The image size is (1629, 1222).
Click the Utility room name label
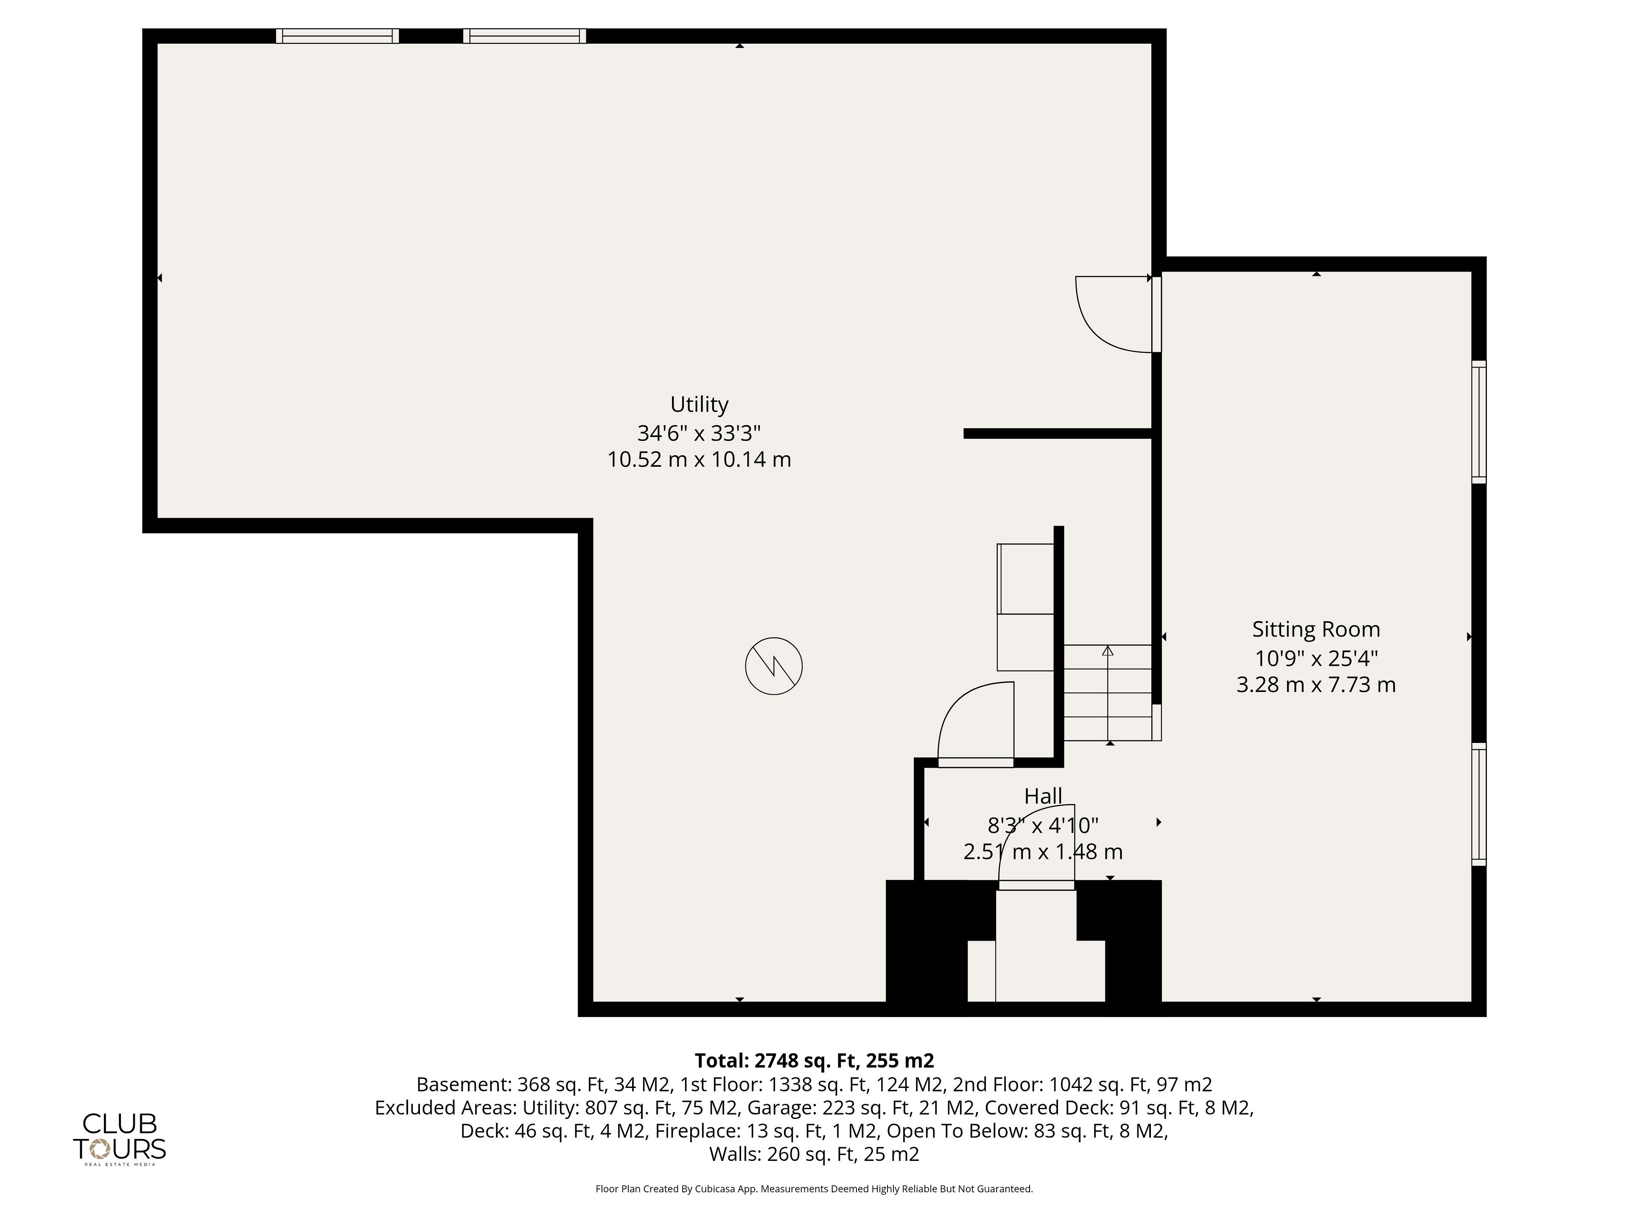click(699, 404)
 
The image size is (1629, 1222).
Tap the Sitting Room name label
click(1316, 630)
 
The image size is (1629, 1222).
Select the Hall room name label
click(1043, 796)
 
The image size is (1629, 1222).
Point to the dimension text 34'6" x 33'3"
click(699, 432)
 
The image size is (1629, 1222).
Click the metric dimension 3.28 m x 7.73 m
click(1316, 685)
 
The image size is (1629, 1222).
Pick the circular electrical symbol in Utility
click(773, 666)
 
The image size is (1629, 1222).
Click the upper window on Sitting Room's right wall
click(1479, 422)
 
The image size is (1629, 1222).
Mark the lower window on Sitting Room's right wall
click(1479, 804)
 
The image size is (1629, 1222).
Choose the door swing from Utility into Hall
click(957, 707)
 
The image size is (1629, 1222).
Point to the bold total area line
click(814, 1061)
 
